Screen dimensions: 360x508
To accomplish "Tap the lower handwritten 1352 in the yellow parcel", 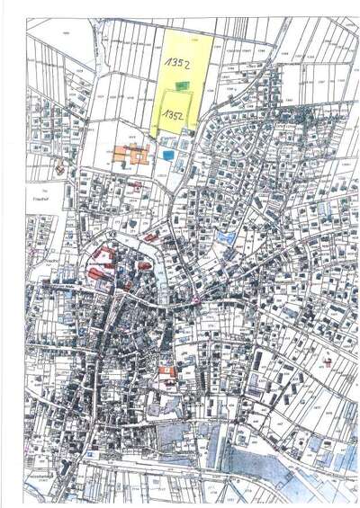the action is tap(173, 116).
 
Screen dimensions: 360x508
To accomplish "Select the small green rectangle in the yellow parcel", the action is tap(183, 85).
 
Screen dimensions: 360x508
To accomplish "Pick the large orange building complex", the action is tap(130, 155).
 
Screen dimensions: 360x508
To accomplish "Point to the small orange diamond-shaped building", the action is tap(60, 167).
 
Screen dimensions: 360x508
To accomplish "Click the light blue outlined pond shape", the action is tap(228, 238).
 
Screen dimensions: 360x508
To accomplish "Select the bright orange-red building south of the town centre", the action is tap(166, 370).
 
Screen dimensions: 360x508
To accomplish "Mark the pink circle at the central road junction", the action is tap(195, 304).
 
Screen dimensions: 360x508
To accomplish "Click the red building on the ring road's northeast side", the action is tap(150, 237).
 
